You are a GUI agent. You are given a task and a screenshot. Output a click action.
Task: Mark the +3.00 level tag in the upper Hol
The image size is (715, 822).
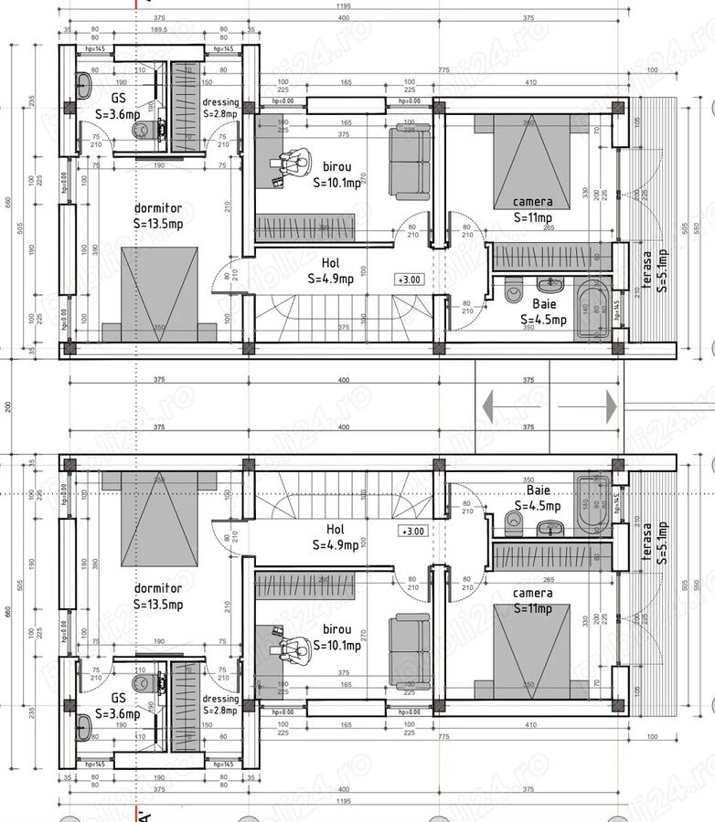tap(410, 279)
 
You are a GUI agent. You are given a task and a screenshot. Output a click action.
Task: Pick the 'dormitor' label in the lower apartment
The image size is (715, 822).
tap(157, 589)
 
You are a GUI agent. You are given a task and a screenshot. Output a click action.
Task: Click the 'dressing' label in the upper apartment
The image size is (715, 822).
tap(220, 102)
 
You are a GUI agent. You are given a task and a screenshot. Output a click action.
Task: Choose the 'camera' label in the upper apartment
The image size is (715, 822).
tap(532, 202)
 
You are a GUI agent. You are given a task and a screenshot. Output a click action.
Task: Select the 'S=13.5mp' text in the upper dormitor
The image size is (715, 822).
tap(157, 223)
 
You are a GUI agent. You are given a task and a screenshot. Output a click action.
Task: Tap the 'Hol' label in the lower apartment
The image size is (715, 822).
tap(336, 529)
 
